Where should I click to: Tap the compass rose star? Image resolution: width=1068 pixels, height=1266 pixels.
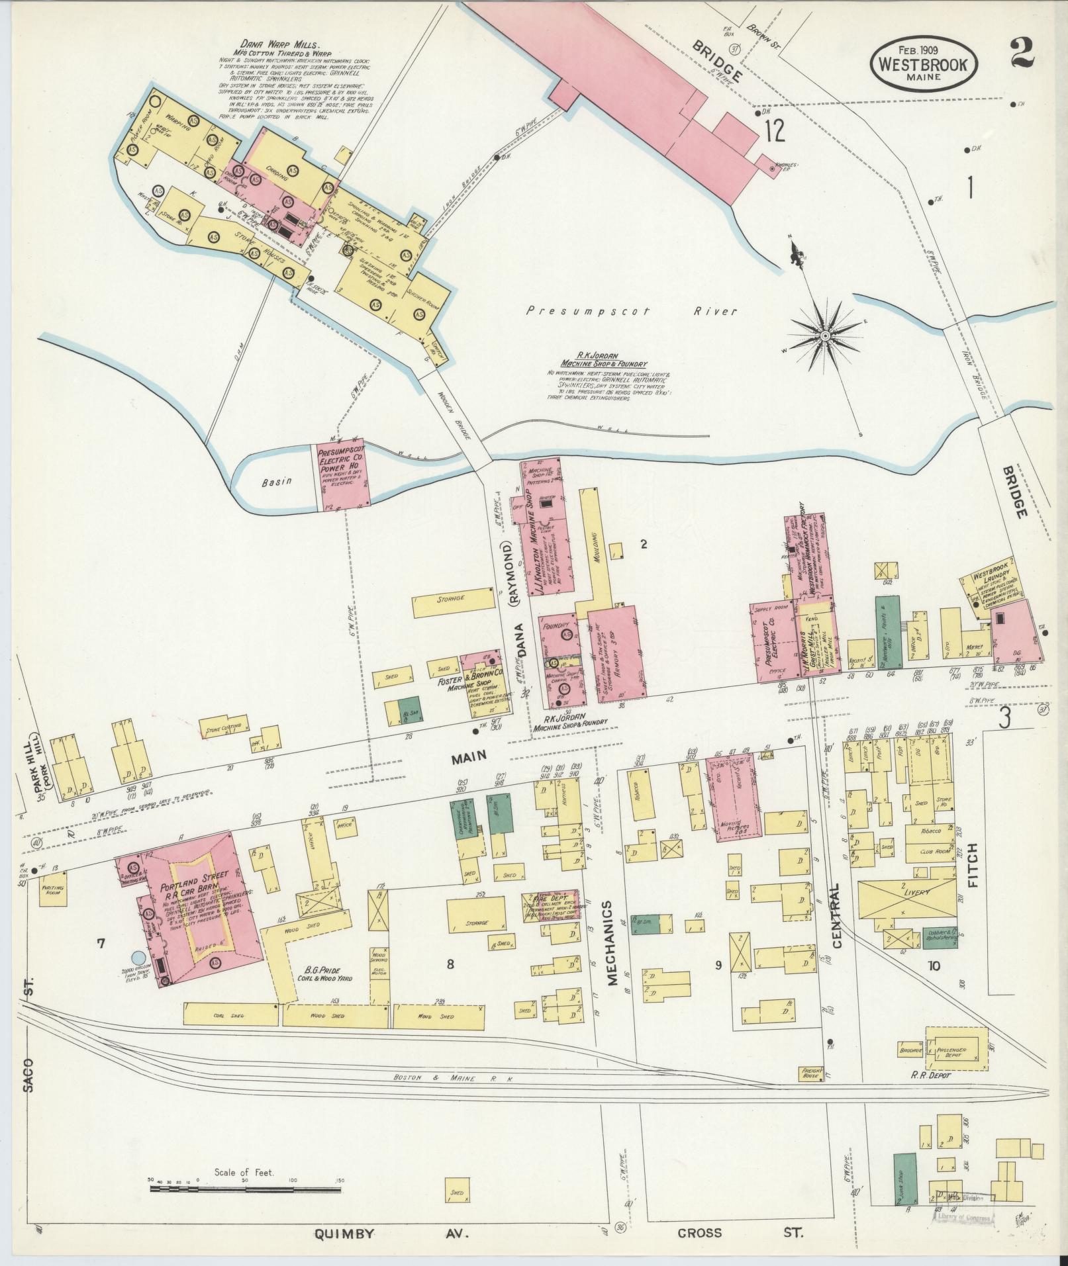point(826,336)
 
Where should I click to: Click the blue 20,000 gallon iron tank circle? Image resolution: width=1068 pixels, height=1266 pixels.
point(138,956)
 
